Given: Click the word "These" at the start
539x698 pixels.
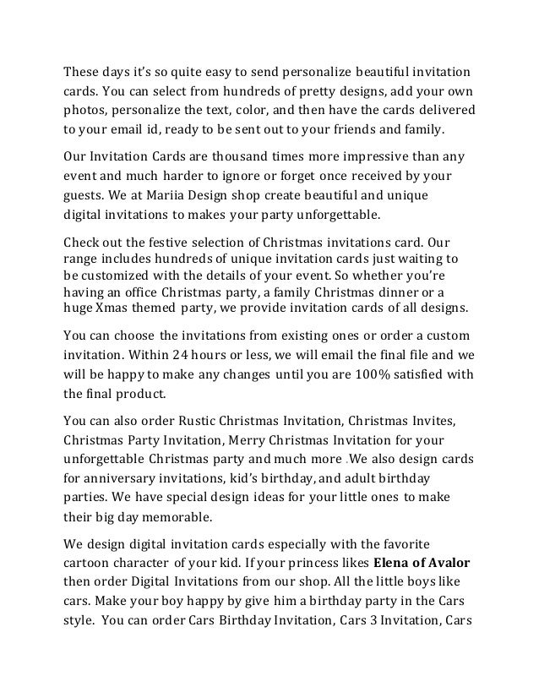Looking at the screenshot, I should [x=83, y=70].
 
